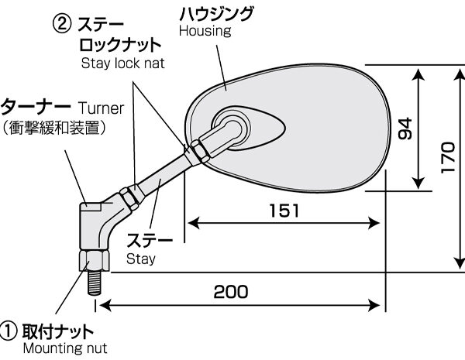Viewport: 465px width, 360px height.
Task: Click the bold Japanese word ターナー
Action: click(38, 105)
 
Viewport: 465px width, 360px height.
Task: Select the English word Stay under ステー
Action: click(142, 259)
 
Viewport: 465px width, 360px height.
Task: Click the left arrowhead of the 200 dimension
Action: click(102, 306)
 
